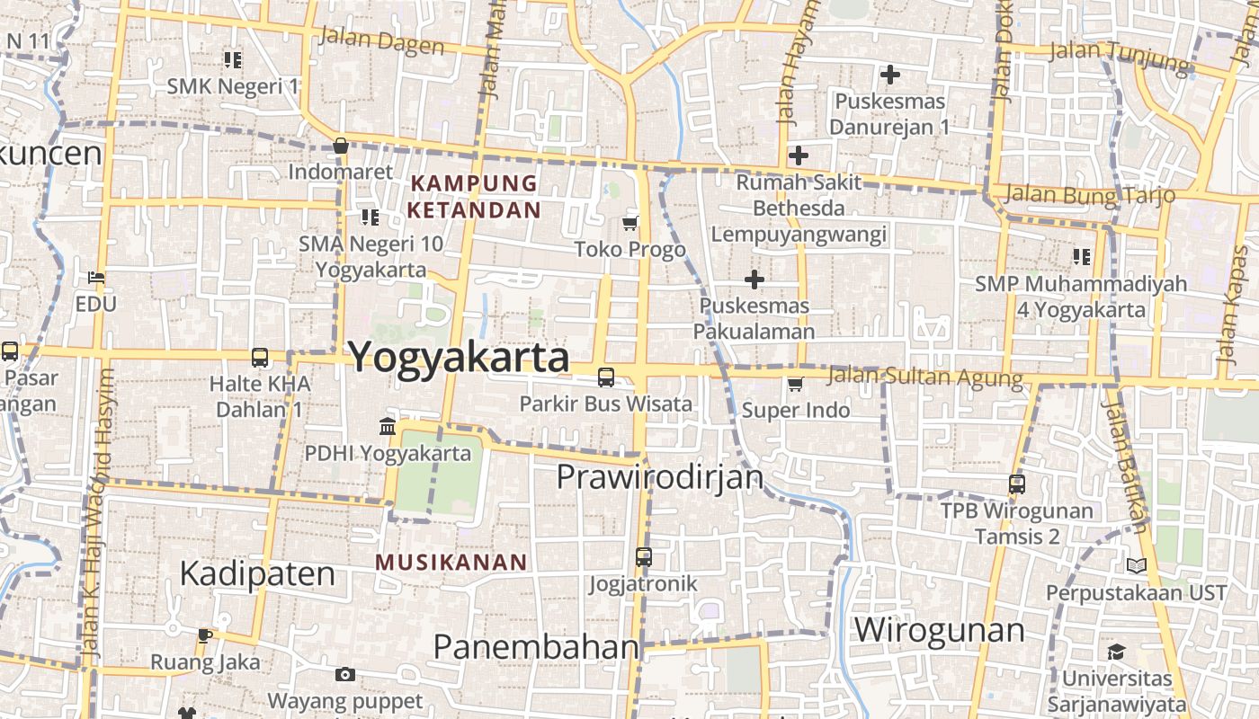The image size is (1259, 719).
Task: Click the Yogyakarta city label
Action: click(459, 358)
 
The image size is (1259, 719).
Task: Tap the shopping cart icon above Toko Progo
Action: click(630, 223)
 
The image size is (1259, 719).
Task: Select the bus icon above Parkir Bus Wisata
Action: click(606, 377)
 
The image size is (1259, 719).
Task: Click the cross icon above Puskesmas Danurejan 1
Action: click(890, 75)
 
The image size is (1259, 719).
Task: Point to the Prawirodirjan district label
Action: click(660, 477)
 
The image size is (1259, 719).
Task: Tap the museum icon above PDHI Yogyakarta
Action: click(388, 426)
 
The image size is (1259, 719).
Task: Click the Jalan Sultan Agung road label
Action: click(924, 376)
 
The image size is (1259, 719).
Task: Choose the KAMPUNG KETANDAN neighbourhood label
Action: click(474, 197)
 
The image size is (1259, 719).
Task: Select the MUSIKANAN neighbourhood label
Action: click(451, 563)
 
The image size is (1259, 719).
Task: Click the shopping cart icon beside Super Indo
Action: click(795, 385)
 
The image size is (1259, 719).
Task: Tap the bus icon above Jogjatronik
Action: click(644, 556)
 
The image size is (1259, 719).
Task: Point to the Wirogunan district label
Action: click(939, 630)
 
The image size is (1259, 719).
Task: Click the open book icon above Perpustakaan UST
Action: click(1137, 566)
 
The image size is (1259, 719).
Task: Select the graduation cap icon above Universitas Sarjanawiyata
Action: click(1116, 652)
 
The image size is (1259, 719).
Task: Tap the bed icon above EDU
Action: click(96, 278)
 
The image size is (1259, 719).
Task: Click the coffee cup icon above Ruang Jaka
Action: click(205, 635)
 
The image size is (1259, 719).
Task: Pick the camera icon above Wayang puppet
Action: click(344, 674)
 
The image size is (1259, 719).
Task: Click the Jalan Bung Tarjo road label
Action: click(1090, 194)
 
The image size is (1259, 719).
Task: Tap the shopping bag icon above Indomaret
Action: click(341, 146)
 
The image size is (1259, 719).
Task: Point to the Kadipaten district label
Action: click(257, 573)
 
